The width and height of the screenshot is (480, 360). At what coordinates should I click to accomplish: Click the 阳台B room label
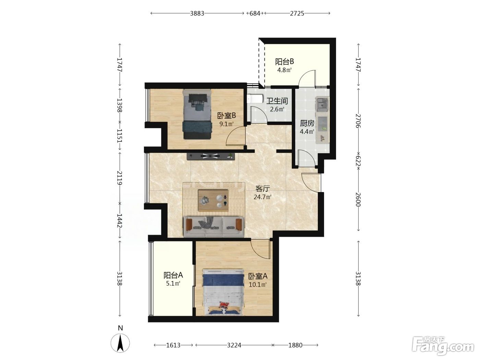[x=284, y=62]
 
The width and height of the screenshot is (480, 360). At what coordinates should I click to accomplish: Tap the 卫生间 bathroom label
[x=277, y=101]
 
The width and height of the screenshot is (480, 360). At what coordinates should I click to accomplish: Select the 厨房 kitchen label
[x=307, y=123]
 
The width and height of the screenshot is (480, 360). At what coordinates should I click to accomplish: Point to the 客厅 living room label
[x=263, y=189]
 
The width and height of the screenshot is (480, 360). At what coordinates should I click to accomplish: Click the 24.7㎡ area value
[x=262, y=197]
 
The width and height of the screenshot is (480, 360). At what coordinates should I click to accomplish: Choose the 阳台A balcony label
[x=173, y=275]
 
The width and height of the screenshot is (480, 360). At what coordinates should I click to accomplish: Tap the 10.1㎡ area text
[x=257, y=285]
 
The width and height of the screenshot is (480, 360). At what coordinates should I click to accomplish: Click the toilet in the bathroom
[x=255, y=99]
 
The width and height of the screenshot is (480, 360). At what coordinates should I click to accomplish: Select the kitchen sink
[x=322, y=104]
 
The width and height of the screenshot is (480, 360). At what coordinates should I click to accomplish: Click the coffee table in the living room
[x=213, y=200]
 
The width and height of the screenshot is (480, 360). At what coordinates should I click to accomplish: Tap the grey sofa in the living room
[x=214, y=227]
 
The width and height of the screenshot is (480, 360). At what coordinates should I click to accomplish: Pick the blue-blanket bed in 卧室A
[x=223, y=292]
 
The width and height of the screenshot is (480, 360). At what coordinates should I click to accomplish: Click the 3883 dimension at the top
[x=197, y=14]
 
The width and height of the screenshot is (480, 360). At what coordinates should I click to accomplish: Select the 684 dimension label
[x=255, y=14]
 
